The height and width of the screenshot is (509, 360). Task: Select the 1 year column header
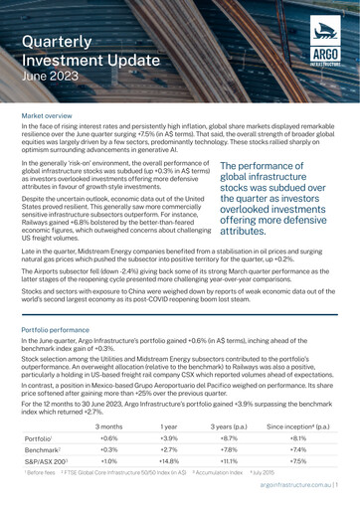[x=200, y=425]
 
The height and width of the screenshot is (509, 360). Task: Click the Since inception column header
[x=320, y=425]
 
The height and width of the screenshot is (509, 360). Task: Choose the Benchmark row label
[x=43, y=455]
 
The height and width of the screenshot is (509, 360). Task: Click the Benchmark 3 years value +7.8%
[x=261, y=455]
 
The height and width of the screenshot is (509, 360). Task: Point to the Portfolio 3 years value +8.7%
[x=261, y=440]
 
